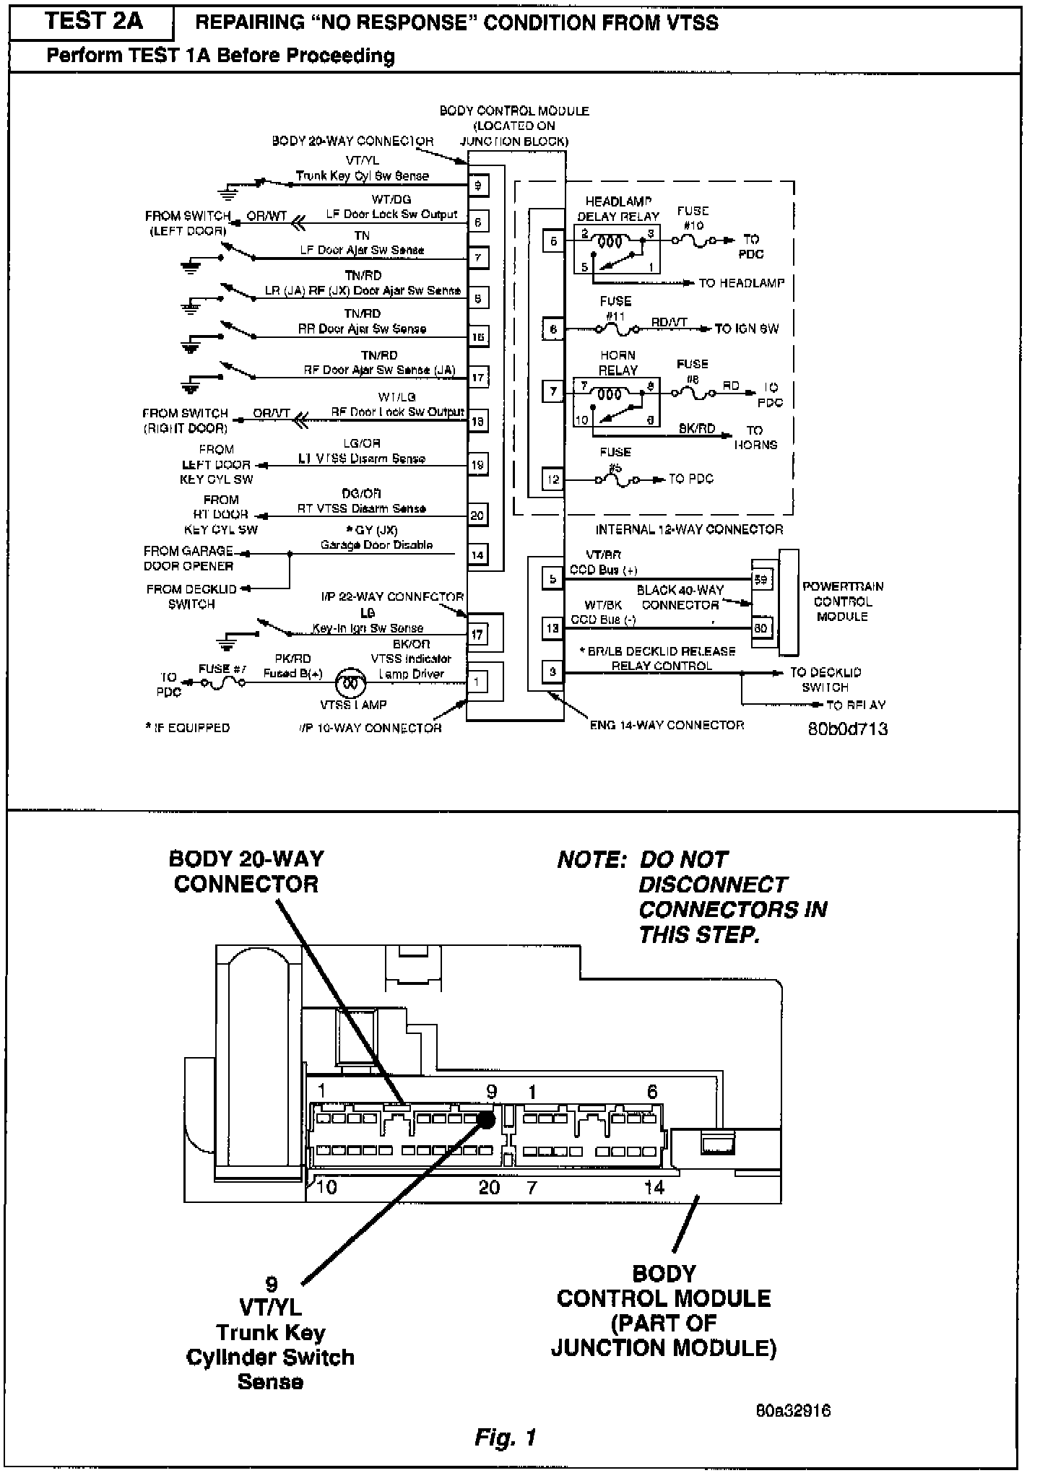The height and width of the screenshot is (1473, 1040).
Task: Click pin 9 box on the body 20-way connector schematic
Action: click(x=478, y=186)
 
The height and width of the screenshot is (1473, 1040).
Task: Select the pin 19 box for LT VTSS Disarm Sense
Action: click(x=478, y=464)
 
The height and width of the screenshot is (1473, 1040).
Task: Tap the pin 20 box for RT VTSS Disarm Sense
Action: click(x=478, y=515)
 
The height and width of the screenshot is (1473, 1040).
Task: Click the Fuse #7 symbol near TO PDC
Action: click(x=223, y=681)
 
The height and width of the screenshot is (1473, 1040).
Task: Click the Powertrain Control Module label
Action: click(x=842, y=601)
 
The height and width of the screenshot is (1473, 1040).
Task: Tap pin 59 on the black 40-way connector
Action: click(x=761, y=579)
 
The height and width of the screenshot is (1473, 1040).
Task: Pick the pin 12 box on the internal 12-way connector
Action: click(x=552, y=479)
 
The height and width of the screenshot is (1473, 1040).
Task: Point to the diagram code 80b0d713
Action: click(x=847, y=729)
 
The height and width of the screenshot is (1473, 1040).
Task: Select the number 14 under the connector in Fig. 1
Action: click(x=654, y=1187)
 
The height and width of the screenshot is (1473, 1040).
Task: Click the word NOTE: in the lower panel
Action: click(x=591, y=860)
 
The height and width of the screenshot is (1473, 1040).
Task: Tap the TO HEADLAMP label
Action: click(x=741, y=283)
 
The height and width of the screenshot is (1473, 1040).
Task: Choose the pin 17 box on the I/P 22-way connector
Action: click(x=478, y=635)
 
